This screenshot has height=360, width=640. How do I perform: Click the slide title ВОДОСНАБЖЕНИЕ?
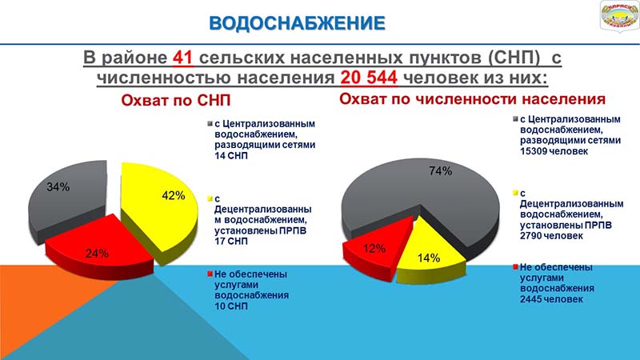[x=297, y=23]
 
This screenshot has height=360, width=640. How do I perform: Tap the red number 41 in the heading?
[x=182, y=58]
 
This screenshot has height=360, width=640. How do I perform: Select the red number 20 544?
[x=369, y=77]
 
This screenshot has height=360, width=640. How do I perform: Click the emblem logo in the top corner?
[x=619, y=16]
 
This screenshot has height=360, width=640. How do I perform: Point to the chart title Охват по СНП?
[x=176, y=101]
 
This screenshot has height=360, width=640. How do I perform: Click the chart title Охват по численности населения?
[x=472, y=99]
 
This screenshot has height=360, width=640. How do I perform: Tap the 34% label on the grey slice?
[x=58, y=187]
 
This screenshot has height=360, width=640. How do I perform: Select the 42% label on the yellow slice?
[x=174, y=195]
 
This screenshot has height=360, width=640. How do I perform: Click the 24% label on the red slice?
[x=97, y=254]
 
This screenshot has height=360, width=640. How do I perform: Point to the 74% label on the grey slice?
[x=441, y=171]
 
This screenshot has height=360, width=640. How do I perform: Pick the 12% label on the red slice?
[x=374, y=248]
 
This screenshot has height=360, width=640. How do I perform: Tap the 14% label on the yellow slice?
[x=429, y=258]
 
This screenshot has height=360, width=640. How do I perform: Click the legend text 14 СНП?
[x=231, y=155]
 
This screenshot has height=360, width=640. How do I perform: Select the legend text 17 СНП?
[x=231, y=241]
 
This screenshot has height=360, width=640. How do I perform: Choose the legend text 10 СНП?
[x=231, y=306]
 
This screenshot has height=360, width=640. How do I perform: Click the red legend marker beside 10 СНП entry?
[x=210, y=274]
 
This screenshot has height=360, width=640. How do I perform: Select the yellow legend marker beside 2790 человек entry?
[x=515, y=193]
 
